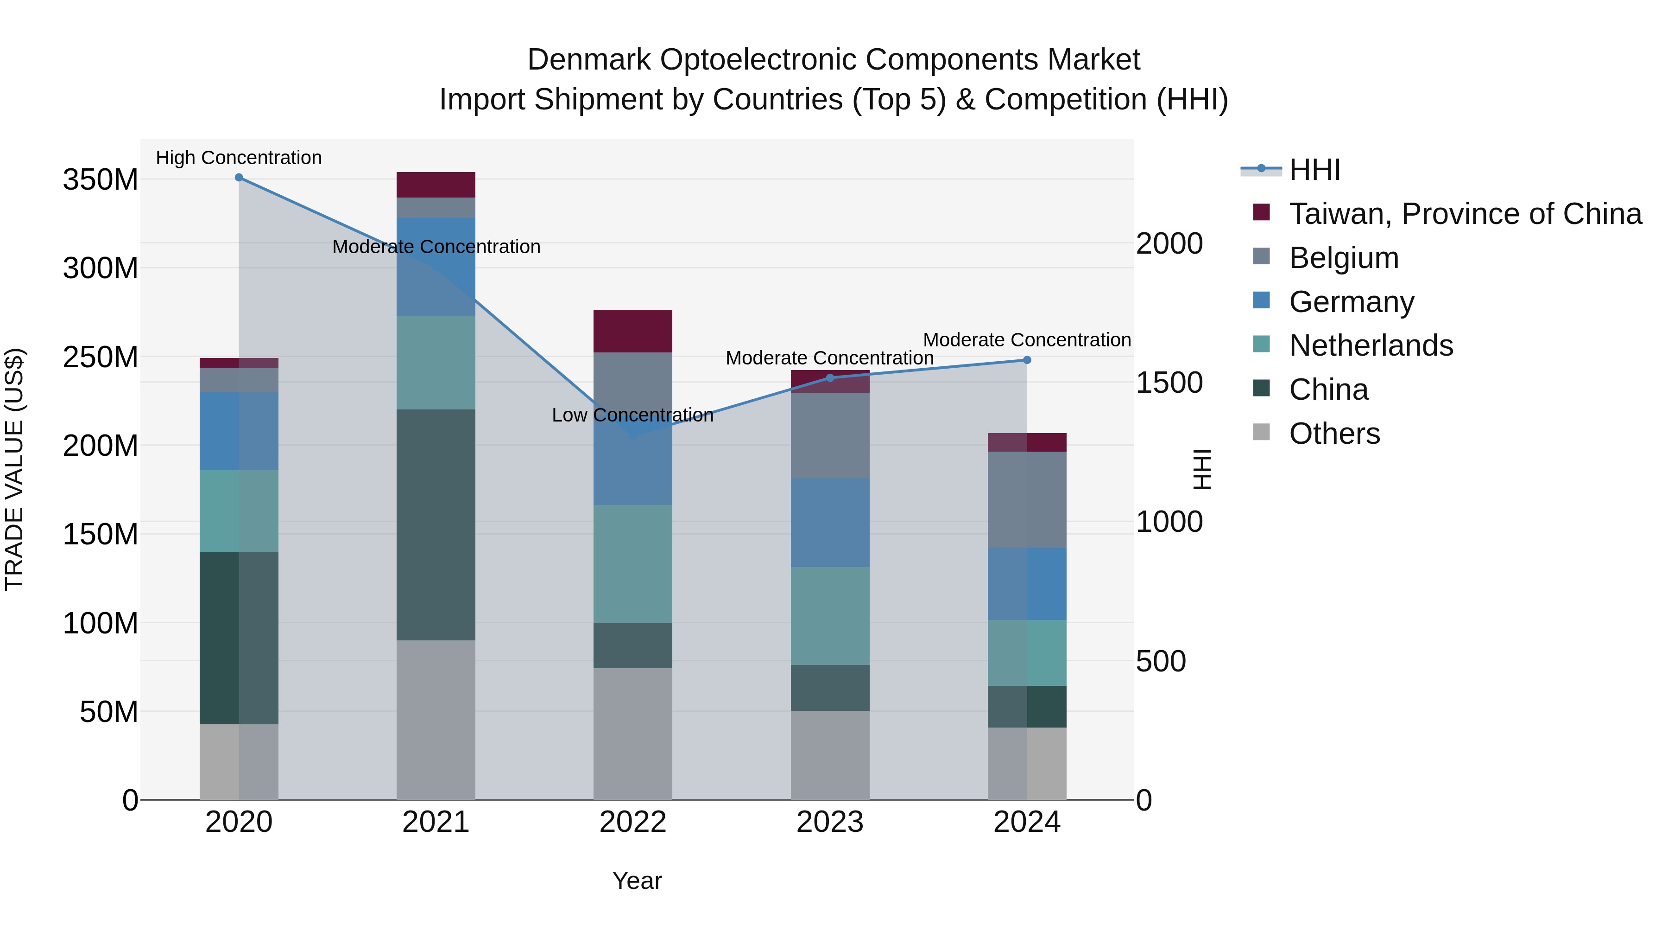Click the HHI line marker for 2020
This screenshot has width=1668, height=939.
coord(239,178)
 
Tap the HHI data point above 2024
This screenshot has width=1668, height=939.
coord(1027,360)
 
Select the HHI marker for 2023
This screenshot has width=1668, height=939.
coord(830,378)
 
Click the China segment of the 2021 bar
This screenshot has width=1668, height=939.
coord(436,525)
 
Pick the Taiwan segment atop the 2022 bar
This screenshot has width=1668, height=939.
coord(632,331)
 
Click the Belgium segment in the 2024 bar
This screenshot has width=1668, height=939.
coord(1027,499)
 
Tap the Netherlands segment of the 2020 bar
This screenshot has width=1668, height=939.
coord(239,511)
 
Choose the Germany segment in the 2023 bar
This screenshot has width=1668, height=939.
coord(830,523)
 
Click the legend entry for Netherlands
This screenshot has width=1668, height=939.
coord(1371,345)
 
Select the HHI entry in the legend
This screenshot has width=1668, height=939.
coord(1314,170)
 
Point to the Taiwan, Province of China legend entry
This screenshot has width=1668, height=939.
coord(1465,214)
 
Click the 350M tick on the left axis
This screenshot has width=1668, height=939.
coord(101,179)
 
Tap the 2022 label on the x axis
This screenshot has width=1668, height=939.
coord(632,822)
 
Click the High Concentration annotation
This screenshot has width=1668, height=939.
coord(239,158)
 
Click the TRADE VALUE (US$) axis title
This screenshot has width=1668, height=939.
coord(14,469)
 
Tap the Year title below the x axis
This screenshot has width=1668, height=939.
coord(637,881)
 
